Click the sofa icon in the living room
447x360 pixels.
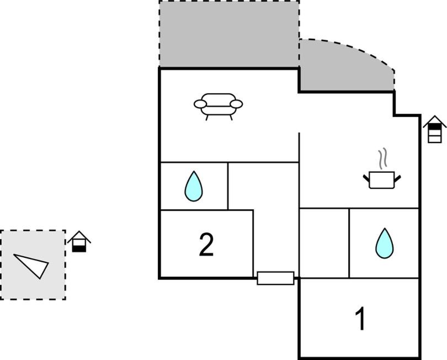click(x=218, y=107)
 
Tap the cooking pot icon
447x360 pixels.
click(x=382, y=179)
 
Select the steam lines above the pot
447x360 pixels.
click(x=383, y=157)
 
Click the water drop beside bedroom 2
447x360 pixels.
click(x=194, y=186)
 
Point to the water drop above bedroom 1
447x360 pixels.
click(x=385, y=243)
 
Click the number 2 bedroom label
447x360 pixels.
click(x=206, y=245)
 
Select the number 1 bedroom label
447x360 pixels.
click(x=360, y=319)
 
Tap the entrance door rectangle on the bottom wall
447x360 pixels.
click(x=275, y=278)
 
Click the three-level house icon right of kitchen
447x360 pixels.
click(x=434, y=129)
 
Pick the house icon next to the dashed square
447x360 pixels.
click(x=79, y=241)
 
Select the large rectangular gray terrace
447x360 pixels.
click(x=229, y=34)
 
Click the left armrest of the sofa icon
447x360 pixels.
click(x=200, y=104)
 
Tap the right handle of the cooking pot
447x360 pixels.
click(x=398, y=178)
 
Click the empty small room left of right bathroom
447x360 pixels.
click(x=324, y=243)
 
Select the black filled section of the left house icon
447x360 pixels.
click(x=79, y=248)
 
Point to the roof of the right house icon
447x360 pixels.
click(x=434, y=121)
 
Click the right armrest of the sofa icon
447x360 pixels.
click(x=236, y=104)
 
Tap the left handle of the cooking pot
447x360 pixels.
click(x=366, y=178)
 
